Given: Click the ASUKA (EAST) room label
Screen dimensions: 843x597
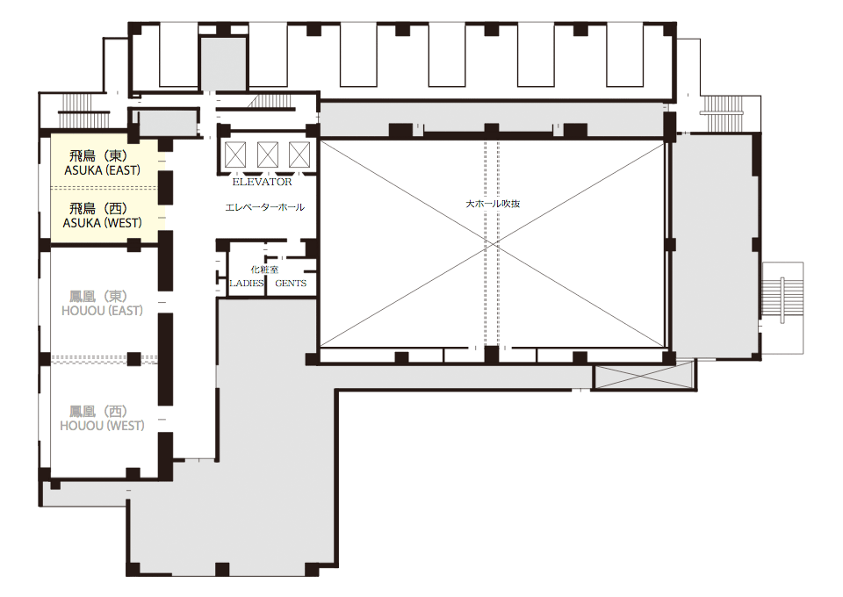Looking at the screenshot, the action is point(102,170).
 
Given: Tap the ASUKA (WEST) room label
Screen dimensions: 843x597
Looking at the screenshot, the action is point(102,223).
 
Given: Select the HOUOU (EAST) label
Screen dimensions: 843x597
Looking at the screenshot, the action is point(102,311).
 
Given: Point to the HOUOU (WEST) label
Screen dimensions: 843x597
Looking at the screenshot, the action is point(102,426).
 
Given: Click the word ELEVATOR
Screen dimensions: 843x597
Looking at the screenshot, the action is point(262,182).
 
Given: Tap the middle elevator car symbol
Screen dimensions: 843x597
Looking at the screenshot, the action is point(267,155).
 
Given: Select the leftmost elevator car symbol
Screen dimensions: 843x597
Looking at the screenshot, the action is point(235,155).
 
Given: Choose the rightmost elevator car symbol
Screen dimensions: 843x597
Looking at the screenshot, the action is point(299,155).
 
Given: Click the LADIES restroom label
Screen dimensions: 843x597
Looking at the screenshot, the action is point(246,284).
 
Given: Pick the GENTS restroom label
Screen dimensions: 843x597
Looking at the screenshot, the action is point(291,284).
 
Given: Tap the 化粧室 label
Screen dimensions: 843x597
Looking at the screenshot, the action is point(264,270).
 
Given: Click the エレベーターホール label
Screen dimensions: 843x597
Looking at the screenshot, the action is point(264,207).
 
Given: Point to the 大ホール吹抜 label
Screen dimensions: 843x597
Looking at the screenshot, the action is point(493,205).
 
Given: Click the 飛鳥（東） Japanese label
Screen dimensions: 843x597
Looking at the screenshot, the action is point(98,155).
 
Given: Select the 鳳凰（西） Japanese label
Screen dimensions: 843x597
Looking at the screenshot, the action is point(98,412).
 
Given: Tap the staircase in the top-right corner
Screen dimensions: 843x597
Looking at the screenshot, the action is point(723,114).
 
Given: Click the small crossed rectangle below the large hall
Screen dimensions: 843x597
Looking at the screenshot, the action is point(643,376).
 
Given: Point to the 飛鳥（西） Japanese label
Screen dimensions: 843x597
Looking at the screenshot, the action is point(98,208).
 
